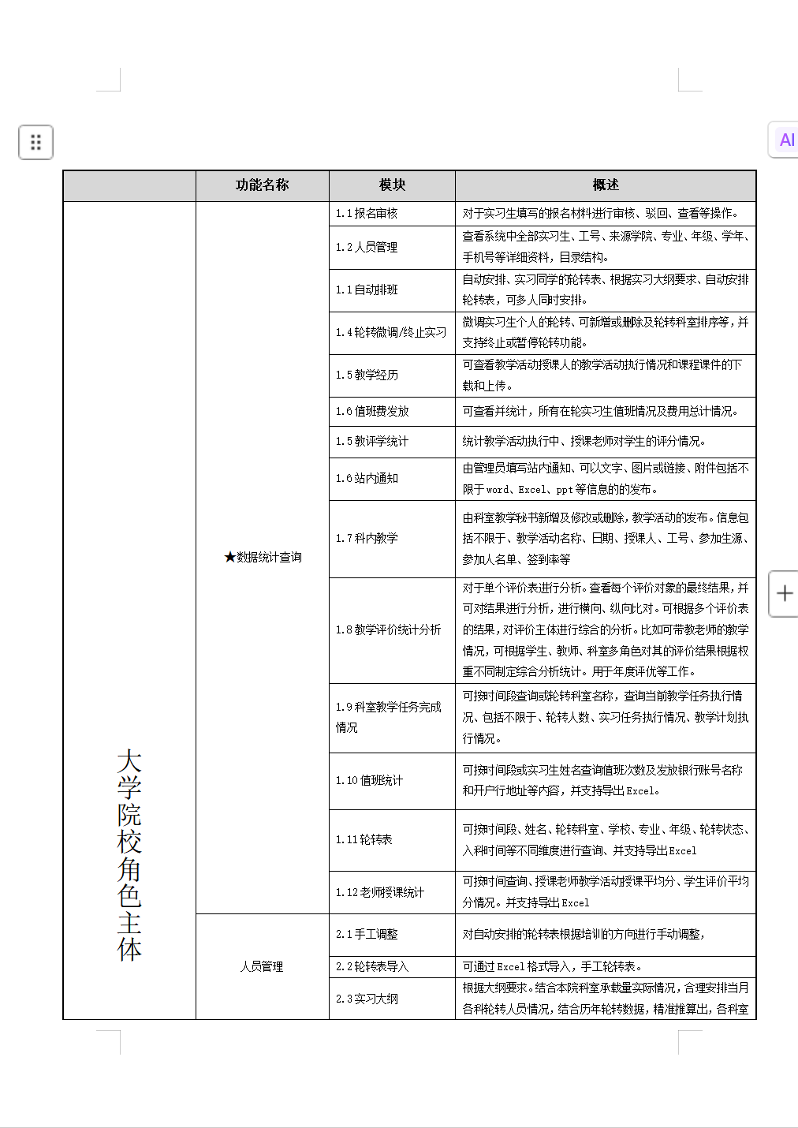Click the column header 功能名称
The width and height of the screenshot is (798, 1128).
tap(262, 185)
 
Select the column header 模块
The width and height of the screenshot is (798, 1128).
tap(392, 185)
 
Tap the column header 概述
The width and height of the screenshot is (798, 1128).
tap(605, 185)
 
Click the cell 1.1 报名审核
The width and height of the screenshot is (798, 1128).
tap(367, 213)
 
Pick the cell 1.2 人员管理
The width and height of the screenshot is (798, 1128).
tap(367, 247)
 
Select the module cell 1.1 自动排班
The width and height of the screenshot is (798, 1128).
tap(367, 289)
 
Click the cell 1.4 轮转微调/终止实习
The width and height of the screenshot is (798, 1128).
tap(391, 332)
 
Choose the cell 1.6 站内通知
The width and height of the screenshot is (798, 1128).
tap(367, 478)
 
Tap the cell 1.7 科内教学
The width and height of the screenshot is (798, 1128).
tap(367, 538)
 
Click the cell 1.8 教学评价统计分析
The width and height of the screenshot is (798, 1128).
tap(388, 629)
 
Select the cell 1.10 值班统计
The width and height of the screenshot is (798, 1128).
tap(369, 780)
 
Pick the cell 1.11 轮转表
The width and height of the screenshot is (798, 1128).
tap(364, 839)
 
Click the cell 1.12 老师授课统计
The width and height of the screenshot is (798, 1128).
tap(380, 892)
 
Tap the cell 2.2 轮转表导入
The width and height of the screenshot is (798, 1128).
tap(372, 966)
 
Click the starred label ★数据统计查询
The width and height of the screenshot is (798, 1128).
tap(263, 557)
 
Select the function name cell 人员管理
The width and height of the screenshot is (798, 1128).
tap(262, 966)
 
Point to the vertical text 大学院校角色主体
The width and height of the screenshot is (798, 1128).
tap(129, 855)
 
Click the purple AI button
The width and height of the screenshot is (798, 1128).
tap(785, 140)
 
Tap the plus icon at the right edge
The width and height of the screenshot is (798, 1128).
tap(785, 593)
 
